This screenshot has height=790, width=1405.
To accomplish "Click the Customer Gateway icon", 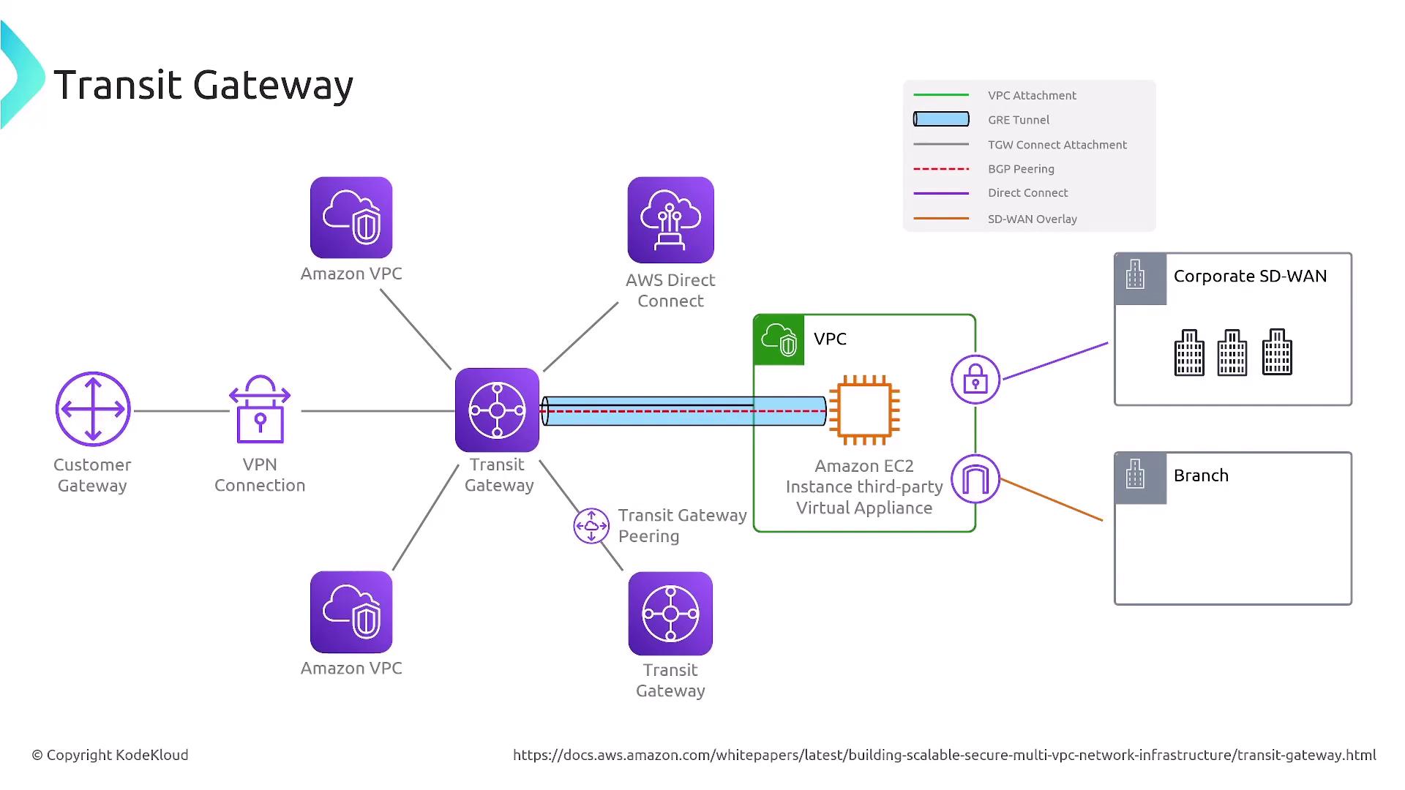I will tap(93, 409).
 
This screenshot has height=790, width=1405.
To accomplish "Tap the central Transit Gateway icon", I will tap(497, 410).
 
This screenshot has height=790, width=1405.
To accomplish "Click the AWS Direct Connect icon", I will tap(670, 219).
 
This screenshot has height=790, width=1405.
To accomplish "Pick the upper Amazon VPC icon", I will tap(351, 217).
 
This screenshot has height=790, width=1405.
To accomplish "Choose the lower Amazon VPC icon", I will tap(351, 612).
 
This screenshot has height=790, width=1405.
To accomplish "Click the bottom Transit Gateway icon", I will tap(670, 614).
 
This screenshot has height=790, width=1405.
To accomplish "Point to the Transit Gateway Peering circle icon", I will tap(591, 526).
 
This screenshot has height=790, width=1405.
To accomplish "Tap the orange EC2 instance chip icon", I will tap(864, 410).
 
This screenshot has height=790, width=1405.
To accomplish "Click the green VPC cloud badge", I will tap(779, 340).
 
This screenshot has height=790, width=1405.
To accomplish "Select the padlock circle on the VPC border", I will tap(975, 380).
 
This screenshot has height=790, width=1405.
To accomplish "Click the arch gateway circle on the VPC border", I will tap(975, 479).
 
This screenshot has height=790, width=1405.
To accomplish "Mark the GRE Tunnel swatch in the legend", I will tap(941, 119).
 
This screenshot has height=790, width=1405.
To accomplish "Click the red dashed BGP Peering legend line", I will tap(941, 169).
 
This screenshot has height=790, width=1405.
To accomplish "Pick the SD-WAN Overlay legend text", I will tap(1032, 219).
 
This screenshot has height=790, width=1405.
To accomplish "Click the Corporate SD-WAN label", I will tap(1250, 276).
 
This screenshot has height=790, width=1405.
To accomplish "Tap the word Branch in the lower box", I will tap(1201, 475).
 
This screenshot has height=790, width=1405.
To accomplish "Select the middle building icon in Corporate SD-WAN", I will tap(1232, 353).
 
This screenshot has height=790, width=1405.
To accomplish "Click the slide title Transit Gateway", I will tap(203, 85).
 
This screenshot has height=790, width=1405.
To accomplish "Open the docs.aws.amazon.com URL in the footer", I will tap(944, 755).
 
